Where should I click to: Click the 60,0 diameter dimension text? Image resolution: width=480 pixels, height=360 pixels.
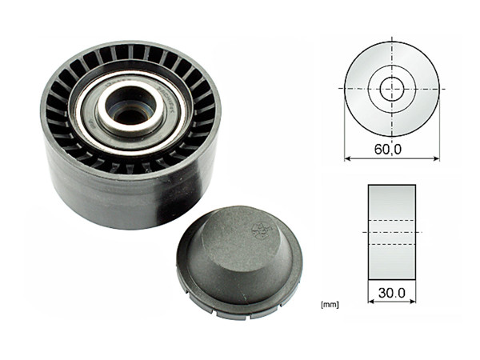[392, 148]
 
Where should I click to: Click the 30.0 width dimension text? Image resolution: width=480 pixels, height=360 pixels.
[392, 293]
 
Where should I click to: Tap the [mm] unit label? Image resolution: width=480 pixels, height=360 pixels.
[327, 305]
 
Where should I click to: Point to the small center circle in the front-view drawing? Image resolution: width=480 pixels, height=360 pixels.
[391, 88]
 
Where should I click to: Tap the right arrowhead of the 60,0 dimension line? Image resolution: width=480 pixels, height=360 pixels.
[436, 158]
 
